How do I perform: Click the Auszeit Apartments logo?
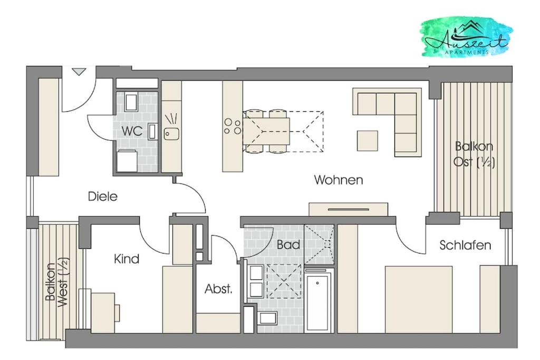466,37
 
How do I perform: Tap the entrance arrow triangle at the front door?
79,72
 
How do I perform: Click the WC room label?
132,131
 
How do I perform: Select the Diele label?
103,197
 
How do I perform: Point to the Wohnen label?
339,180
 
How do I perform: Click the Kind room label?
127,259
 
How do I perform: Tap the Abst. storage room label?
218,289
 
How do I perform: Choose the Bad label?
288,245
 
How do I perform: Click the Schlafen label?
465,246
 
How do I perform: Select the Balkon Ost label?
474,154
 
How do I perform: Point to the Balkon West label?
57,282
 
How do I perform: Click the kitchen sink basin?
171,134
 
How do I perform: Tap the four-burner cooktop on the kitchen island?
233,126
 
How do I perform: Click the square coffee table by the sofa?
367,140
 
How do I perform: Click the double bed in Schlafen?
418,299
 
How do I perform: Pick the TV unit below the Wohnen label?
348,209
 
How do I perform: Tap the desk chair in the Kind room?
117,313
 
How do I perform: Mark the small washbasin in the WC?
152,131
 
